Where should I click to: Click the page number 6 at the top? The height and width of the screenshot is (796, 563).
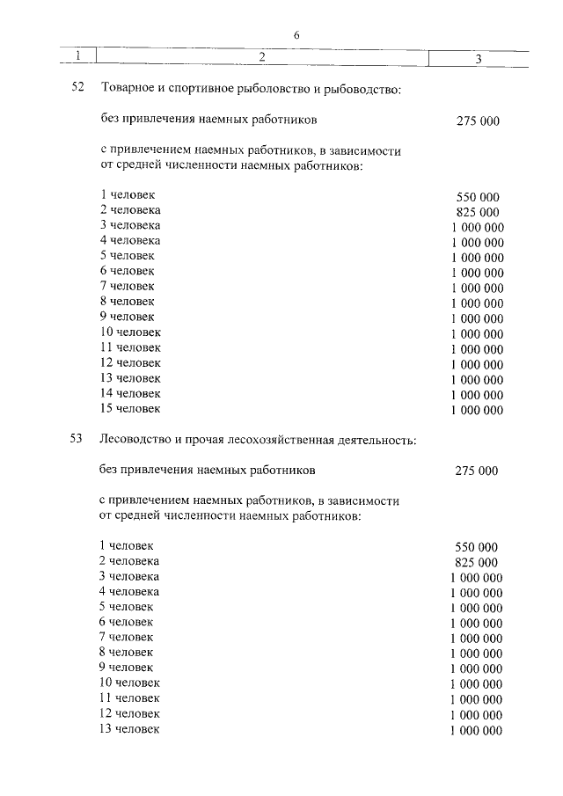[x=296, y=34]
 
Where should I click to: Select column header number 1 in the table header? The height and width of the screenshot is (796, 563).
[x=78, y=57]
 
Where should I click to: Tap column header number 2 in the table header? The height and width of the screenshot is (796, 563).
[x=262, y=57]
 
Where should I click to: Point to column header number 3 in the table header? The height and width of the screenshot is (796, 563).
[x=477, y=59]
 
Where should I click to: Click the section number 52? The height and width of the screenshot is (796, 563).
[x=76, y=89]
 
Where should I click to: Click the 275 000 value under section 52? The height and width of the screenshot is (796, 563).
[x=479, y=120]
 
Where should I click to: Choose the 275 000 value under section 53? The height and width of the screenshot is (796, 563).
[x=477, y=471]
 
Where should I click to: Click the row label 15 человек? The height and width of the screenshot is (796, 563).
[x=130, y=408]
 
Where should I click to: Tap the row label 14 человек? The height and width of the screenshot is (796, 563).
[x=130, y=393]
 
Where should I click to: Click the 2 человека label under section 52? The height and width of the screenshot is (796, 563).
[x=130, y=210]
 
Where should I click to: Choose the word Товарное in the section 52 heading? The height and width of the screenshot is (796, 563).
[x=128, y=89]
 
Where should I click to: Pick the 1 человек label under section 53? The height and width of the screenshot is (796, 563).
[x=127, y=545]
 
